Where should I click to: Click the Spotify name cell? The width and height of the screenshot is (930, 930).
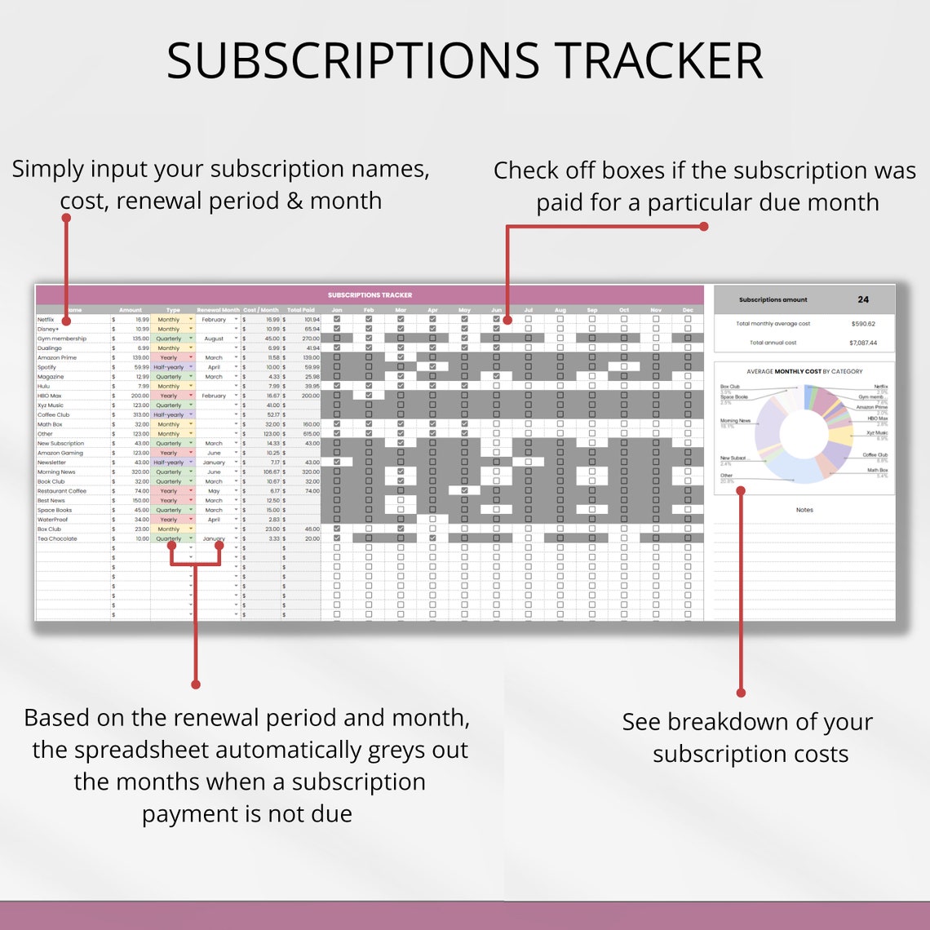pos(47,367)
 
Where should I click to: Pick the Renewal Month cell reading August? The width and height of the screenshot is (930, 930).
pos(214,339)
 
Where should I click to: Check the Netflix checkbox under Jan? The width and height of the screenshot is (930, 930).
pos(336,320)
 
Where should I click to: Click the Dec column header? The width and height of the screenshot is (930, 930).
pos(688,310)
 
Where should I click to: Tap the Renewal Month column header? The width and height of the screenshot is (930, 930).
pos(219,310)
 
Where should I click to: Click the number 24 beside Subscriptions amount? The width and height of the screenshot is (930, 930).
pos(863,299)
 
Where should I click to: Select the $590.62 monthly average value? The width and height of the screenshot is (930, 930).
pos(862,324)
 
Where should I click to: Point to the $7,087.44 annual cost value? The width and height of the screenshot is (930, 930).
pos(862,343)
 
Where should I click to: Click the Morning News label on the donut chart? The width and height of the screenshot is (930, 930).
pos(730,421)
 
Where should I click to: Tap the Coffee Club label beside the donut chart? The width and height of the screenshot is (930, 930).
pos(875,455)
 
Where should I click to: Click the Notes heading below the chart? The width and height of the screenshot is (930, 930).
pos(804,510)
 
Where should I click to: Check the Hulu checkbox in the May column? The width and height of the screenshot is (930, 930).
pos(464,386)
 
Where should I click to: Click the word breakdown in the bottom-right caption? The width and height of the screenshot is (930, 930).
pos(750,722)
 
